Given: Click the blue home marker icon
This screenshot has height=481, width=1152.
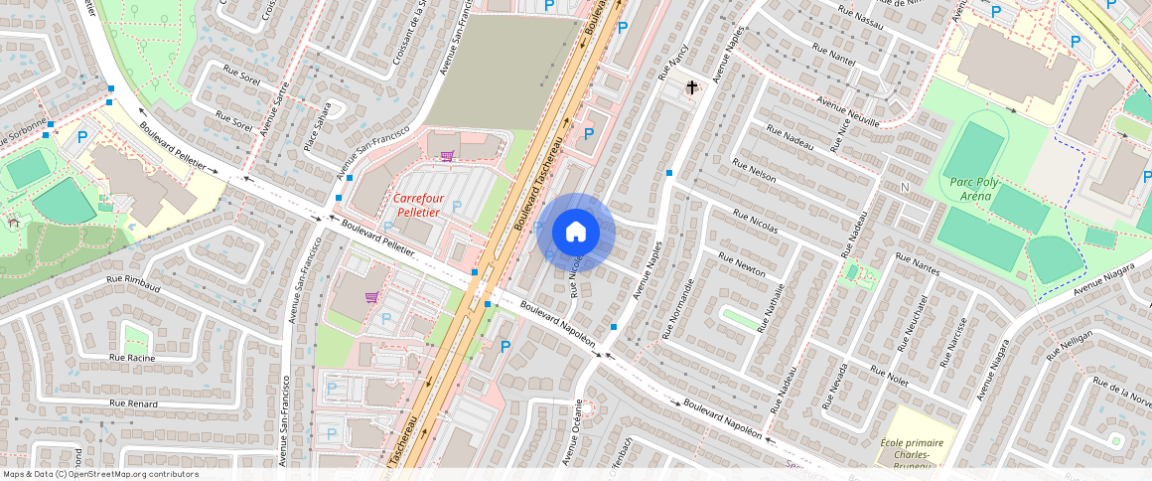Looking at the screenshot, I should (576, 233).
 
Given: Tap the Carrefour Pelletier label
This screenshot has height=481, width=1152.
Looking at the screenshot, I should (418, 204).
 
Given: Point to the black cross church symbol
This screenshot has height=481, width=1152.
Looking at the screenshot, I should (692, 87).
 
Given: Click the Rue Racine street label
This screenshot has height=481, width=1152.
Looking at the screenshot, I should (132, 357).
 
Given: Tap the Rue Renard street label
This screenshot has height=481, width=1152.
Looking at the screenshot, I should (134, 403).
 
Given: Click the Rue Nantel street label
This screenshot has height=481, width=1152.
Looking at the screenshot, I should (832, 54).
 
